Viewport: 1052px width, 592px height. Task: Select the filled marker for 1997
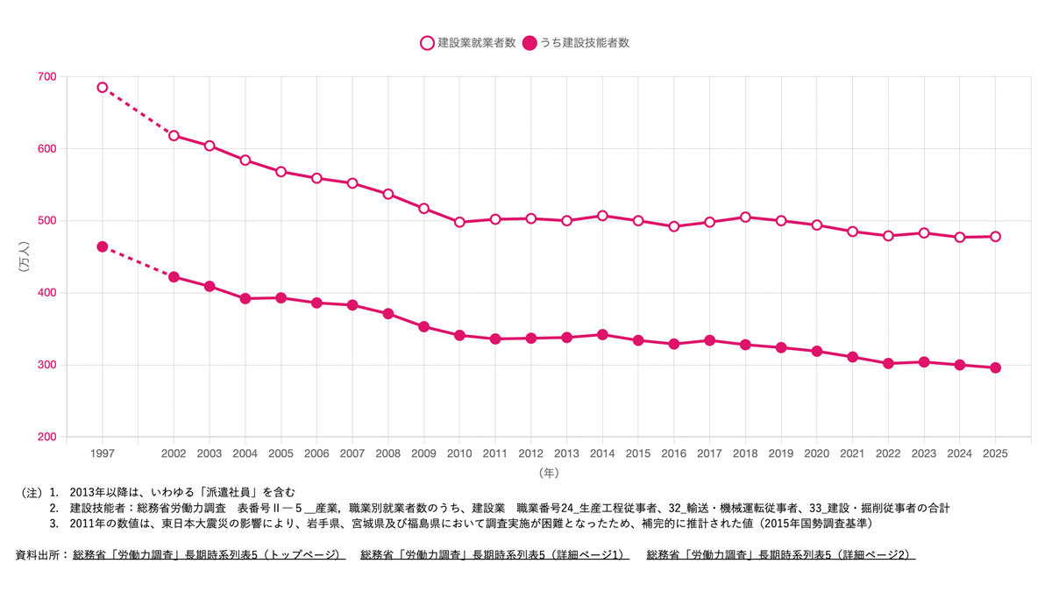point(103,246)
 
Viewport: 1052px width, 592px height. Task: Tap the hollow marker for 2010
point(459,222)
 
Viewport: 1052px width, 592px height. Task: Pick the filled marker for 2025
point(995,367)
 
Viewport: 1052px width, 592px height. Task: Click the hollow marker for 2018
point(745,218)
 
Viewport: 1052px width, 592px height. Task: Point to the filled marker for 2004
point(245,298)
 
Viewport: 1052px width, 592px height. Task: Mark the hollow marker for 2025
point(995,237)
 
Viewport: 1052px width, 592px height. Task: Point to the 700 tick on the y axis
point(46,76)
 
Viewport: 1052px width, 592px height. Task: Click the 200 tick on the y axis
point(46,437)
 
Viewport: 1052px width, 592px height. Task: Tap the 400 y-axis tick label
point(46,293)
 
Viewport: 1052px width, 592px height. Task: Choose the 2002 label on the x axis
point(174,453)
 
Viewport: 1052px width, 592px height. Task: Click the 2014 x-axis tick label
point(602,453)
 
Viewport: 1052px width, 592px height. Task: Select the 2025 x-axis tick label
point(995,453)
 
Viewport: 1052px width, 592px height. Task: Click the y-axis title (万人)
point(24,256)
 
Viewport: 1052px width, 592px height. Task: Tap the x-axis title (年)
point(549,473)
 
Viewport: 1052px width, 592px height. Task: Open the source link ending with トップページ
point(209,555)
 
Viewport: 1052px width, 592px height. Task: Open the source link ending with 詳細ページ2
point(780,555)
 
